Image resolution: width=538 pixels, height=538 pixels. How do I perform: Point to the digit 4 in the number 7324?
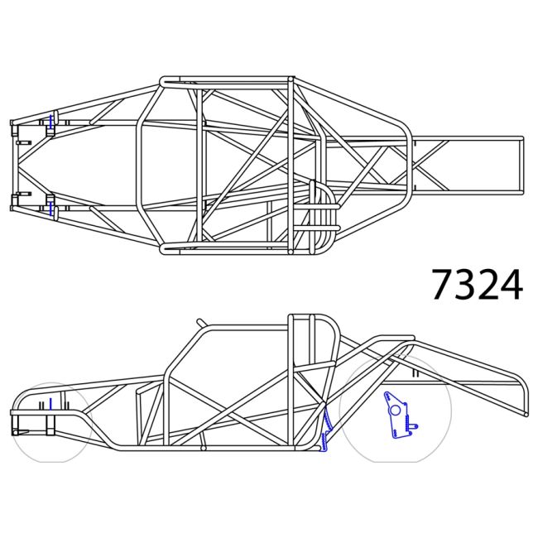pos(511,285)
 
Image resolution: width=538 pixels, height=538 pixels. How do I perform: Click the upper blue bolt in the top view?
pos(50,123)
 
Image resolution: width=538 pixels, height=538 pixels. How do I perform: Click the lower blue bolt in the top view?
pos(50,207)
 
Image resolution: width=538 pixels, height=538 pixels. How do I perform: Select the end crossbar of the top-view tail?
pos(521,166)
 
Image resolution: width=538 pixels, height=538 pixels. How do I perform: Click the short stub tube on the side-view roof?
pos(200,322)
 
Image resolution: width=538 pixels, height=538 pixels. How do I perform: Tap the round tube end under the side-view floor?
pos(204,448)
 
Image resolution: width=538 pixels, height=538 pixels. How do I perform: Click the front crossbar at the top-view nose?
pos(13,166)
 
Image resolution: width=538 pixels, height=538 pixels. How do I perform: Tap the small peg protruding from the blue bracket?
pos(414,426)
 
